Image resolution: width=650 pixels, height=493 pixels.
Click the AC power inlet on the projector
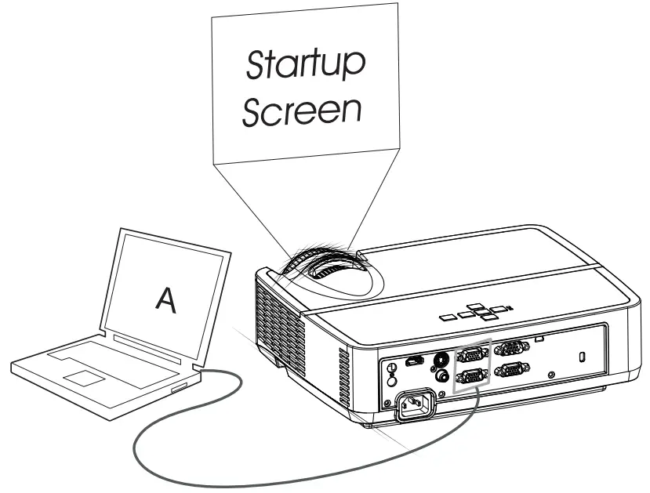coord(413,406)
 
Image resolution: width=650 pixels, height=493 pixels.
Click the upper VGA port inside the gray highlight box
coord(471,353)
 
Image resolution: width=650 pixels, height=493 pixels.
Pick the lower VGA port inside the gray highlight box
coord(471,377)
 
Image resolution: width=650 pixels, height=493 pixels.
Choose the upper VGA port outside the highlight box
coord(512,348)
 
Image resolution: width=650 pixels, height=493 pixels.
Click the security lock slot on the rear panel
coord(581,357)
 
